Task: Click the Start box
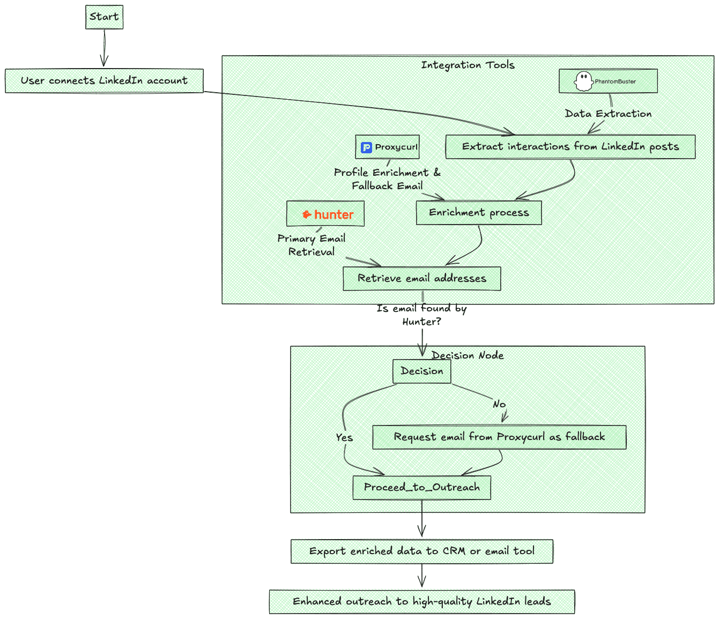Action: [104, 17]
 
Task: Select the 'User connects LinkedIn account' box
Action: [104, 81]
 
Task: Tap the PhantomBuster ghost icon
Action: [583, 81]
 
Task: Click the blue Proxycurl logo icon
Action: [367, 147]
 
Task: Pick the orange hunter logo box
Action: [325, 214]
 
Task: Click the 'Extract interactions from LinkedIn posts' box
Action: [570, 147]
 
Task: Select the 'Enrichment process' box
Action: [479, 213]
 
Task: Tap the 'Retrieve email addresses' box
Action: [422, 279]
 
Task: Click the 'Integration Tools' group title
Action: [468, 65]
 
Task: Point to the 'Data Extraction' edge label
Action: [608, 114]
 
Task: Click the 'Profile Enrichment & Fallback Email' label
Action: [387, 179]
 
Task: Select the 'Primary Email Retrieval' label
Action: [312, 245]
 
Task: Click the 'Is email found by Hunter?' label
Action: [422, 315]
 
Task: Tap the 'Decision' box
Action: [422, 371]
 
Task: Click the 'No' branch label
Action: [499, 404]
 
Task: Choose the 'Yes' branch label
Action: [344, 437]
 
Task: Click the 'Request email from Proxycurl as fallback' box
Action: [499, 437]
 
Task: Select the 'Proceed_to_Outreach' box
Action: [422, 488]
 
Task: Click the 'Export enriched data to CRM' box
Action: [422, 551]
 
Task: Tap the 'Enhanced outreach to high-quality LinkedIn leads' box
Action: [422, 602]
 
